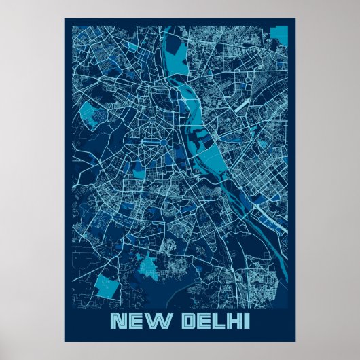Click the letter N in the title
coord(118,320)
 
